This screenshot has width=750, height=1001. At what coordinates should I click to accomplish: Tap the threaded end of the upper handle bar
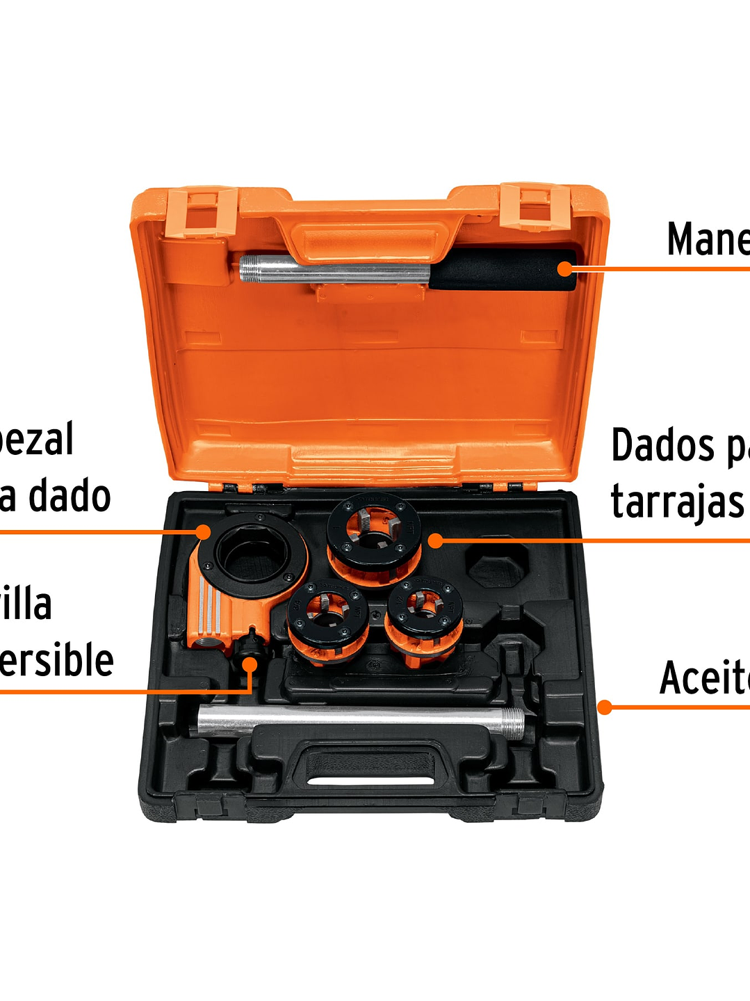254,268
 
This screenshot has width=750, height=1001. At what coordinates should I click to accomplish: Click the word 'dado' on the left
70,496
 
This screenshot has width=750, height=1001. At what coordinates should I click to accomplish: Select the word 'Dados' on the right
662,446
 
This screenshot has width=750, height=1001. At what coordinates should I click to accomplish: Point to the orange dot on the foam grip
566,269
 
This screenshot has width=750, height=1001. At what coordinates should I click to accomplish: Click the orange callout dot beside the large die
435,540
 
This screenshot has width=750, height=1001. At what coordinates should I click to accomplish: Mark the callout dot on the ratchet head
203,532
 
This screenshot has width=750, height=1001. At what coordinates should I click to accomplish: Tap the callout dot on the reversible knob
250,664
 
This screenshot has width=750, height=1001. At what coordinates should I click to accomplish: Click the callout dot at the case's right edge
605,707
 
